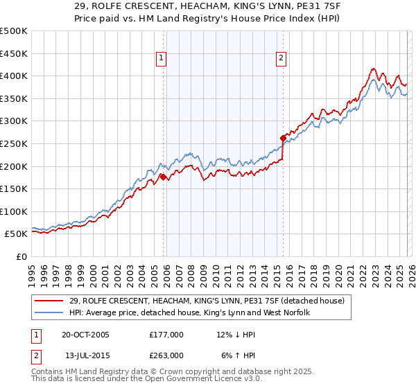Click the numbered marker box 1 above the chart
tap(161, 59)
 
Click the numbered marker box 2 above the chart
tap(281, 59)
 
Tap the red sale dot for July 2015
tap(283, 138)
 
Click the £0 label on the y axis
tap(21, 256)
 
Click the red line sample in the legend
tap(50, 300)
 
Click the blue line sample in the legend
tap(50, 312)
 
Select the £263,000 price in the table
tap(166, 355)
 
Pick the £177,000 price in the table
tap(166, 335)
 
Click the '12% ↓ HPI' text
tap(236, 335)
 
